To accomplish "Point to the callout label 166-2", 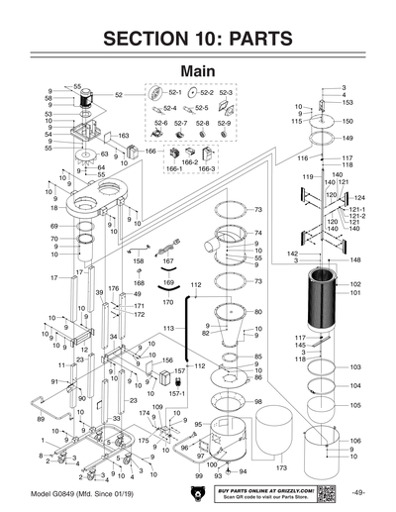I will coord(190,161).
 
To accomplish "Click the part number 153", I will coord(347,102).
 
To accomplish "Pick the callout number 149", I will coord(347,139).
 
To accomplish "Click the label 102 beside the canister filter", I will coord(355,283).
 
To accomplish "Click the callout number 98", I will coord(257,401).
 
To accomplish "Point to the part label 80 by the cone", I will coord(257,312).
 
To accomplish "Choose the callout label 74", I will coord(257,233).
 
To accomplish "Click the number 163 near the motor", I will coord(124,136).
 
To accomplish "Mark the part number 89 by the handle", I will coord(41,420).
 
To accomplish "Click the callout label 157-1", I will coord(179,392).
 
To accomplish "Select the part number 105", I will coord(355,405).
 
